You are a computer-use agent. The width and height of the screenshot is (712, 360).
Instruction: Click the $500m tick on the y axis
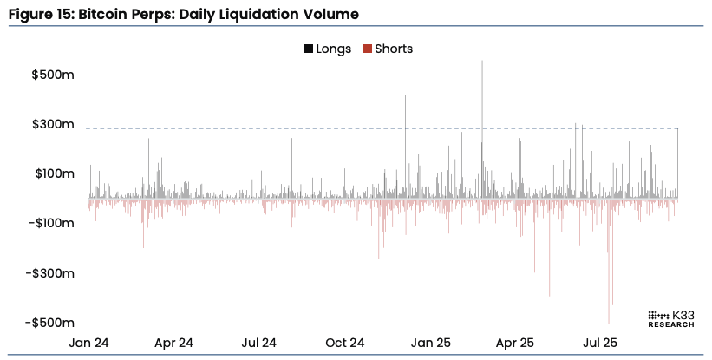[x=52, y=75]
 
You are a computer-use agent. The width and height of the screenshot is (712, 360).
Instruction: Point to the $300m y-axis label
[x=52, y=124]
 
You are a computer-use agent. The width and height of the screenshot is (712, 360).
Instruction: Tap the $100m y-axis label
[x=52, y=173]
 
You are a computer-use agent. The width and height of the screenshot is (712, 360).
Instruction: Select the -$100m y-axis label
[x=50, y=224]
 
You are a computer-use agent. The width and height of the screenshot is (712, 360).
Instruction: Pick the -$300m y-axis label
[x=50, y=273]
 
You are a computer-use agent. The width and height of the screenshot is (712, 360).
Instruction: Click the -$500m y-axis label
[x=50, y=323]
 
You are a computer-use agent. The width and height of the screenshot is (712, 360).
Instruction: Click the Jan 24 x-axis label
[x=89, y=343]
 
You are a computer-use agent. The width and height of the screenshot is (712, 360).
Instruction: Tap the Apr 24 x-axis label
[x=173, y=343]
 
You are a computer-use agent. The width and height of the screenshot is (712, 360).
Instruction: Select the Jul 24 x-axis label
[x=258, y=343]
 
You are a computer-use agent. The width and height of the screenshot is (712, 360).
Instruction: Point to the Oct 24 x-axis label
[x=344, y=343]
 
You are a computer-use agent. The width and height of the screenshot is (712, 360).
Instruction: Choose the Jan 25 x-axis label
[x=430, y=343]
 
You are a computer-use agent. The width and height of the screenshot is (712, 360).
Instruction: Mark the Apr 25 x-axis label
[x=514, y=343]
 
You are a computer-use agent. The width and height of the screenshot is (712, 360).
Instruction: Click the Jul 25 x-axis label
[x=599, y=343]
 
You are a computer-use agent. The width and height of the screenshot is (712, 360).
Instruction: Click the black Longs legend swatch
[x=309, y=49]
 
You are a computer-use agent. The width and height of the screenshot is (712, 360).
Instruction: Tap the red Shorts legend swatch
[x=368, y=49]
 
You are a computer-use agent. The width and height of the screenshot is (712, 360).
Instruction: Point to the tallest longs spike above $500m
[x=482, y=63]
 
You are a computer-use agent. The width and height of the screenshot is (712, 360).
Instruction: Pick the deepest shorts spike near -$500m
[x=610, y=321]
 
